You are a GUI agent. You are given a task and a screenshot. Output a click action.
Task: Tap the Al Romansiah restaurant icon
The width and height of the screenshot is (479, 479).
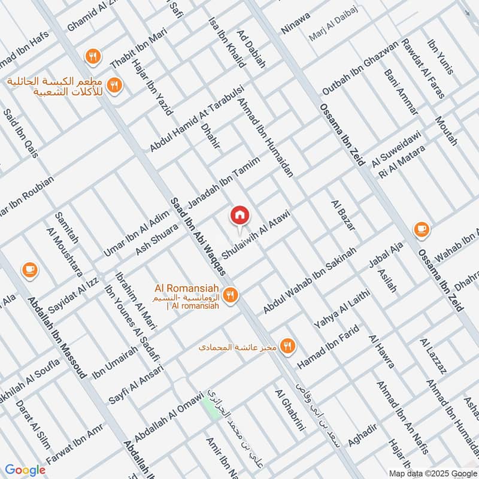click(230, 295)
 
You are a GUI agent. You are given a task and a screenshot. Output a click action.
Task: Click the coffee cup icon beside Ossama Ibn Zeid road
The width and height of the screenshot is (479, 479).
click(421, 229)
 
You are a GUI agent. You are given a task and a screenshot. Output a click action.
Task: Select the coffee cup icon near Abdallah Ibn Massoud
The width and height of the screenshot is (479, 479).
click(29, 269)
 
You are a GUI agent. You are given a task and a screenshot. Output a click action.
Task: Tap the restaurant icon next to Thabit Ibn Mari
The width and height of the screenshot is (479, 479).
click(92, 56)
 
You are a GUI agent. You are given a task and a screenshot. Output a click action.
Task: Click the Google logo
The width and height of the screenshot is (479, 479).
click(25, 470)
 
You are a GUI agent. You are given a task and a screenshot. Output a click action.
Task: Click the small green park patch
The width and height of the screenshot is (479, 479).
click(210, 408)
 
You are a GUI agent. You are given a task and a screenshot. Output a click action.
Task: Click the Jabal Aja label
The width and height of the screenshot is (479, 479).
click(389, 255)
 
